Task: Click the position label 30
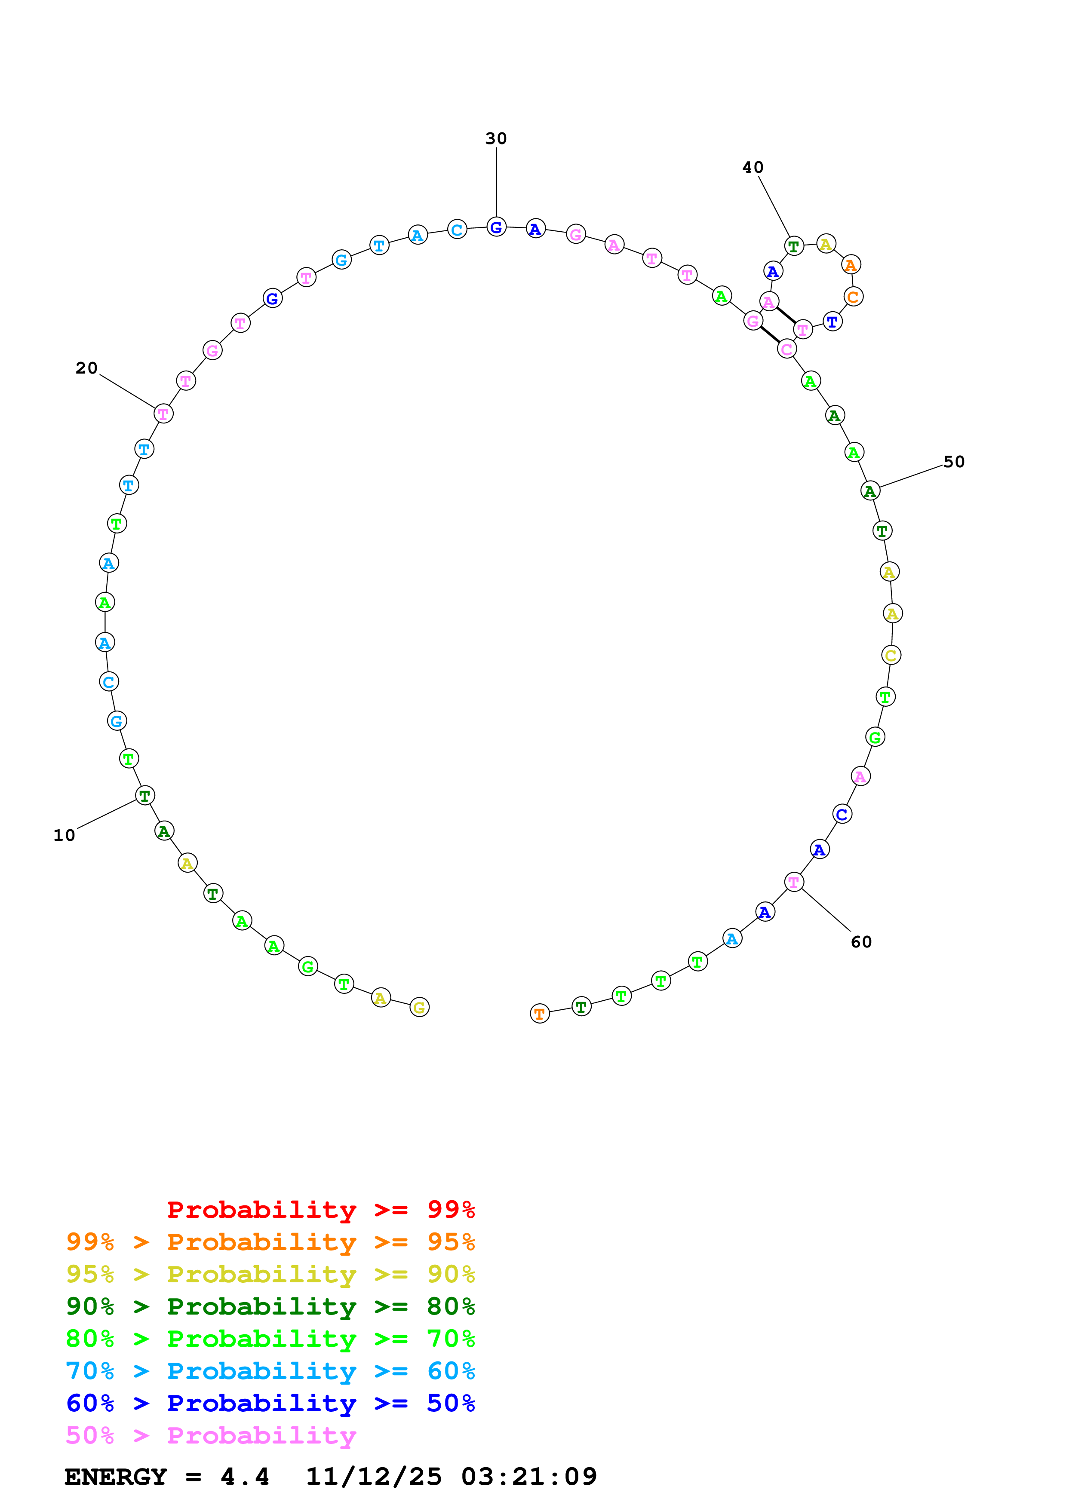coord(496,138)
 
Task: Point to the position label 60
coord(861,942)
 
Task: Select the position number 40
coord(753,168)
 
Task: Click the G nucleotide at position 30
coord(497,227)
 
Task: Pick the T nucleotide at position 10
coord(144,795)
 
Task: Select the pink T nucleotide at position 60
coord(794,882)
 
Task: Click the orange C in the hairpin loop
coord(853,297)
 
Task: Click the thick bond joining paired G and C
coord(770,334)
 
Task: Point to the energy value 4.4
coord(244,1477)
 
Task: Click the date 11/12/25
coord(374,1477)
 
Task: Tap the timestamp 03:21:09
coord(529,1477)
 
